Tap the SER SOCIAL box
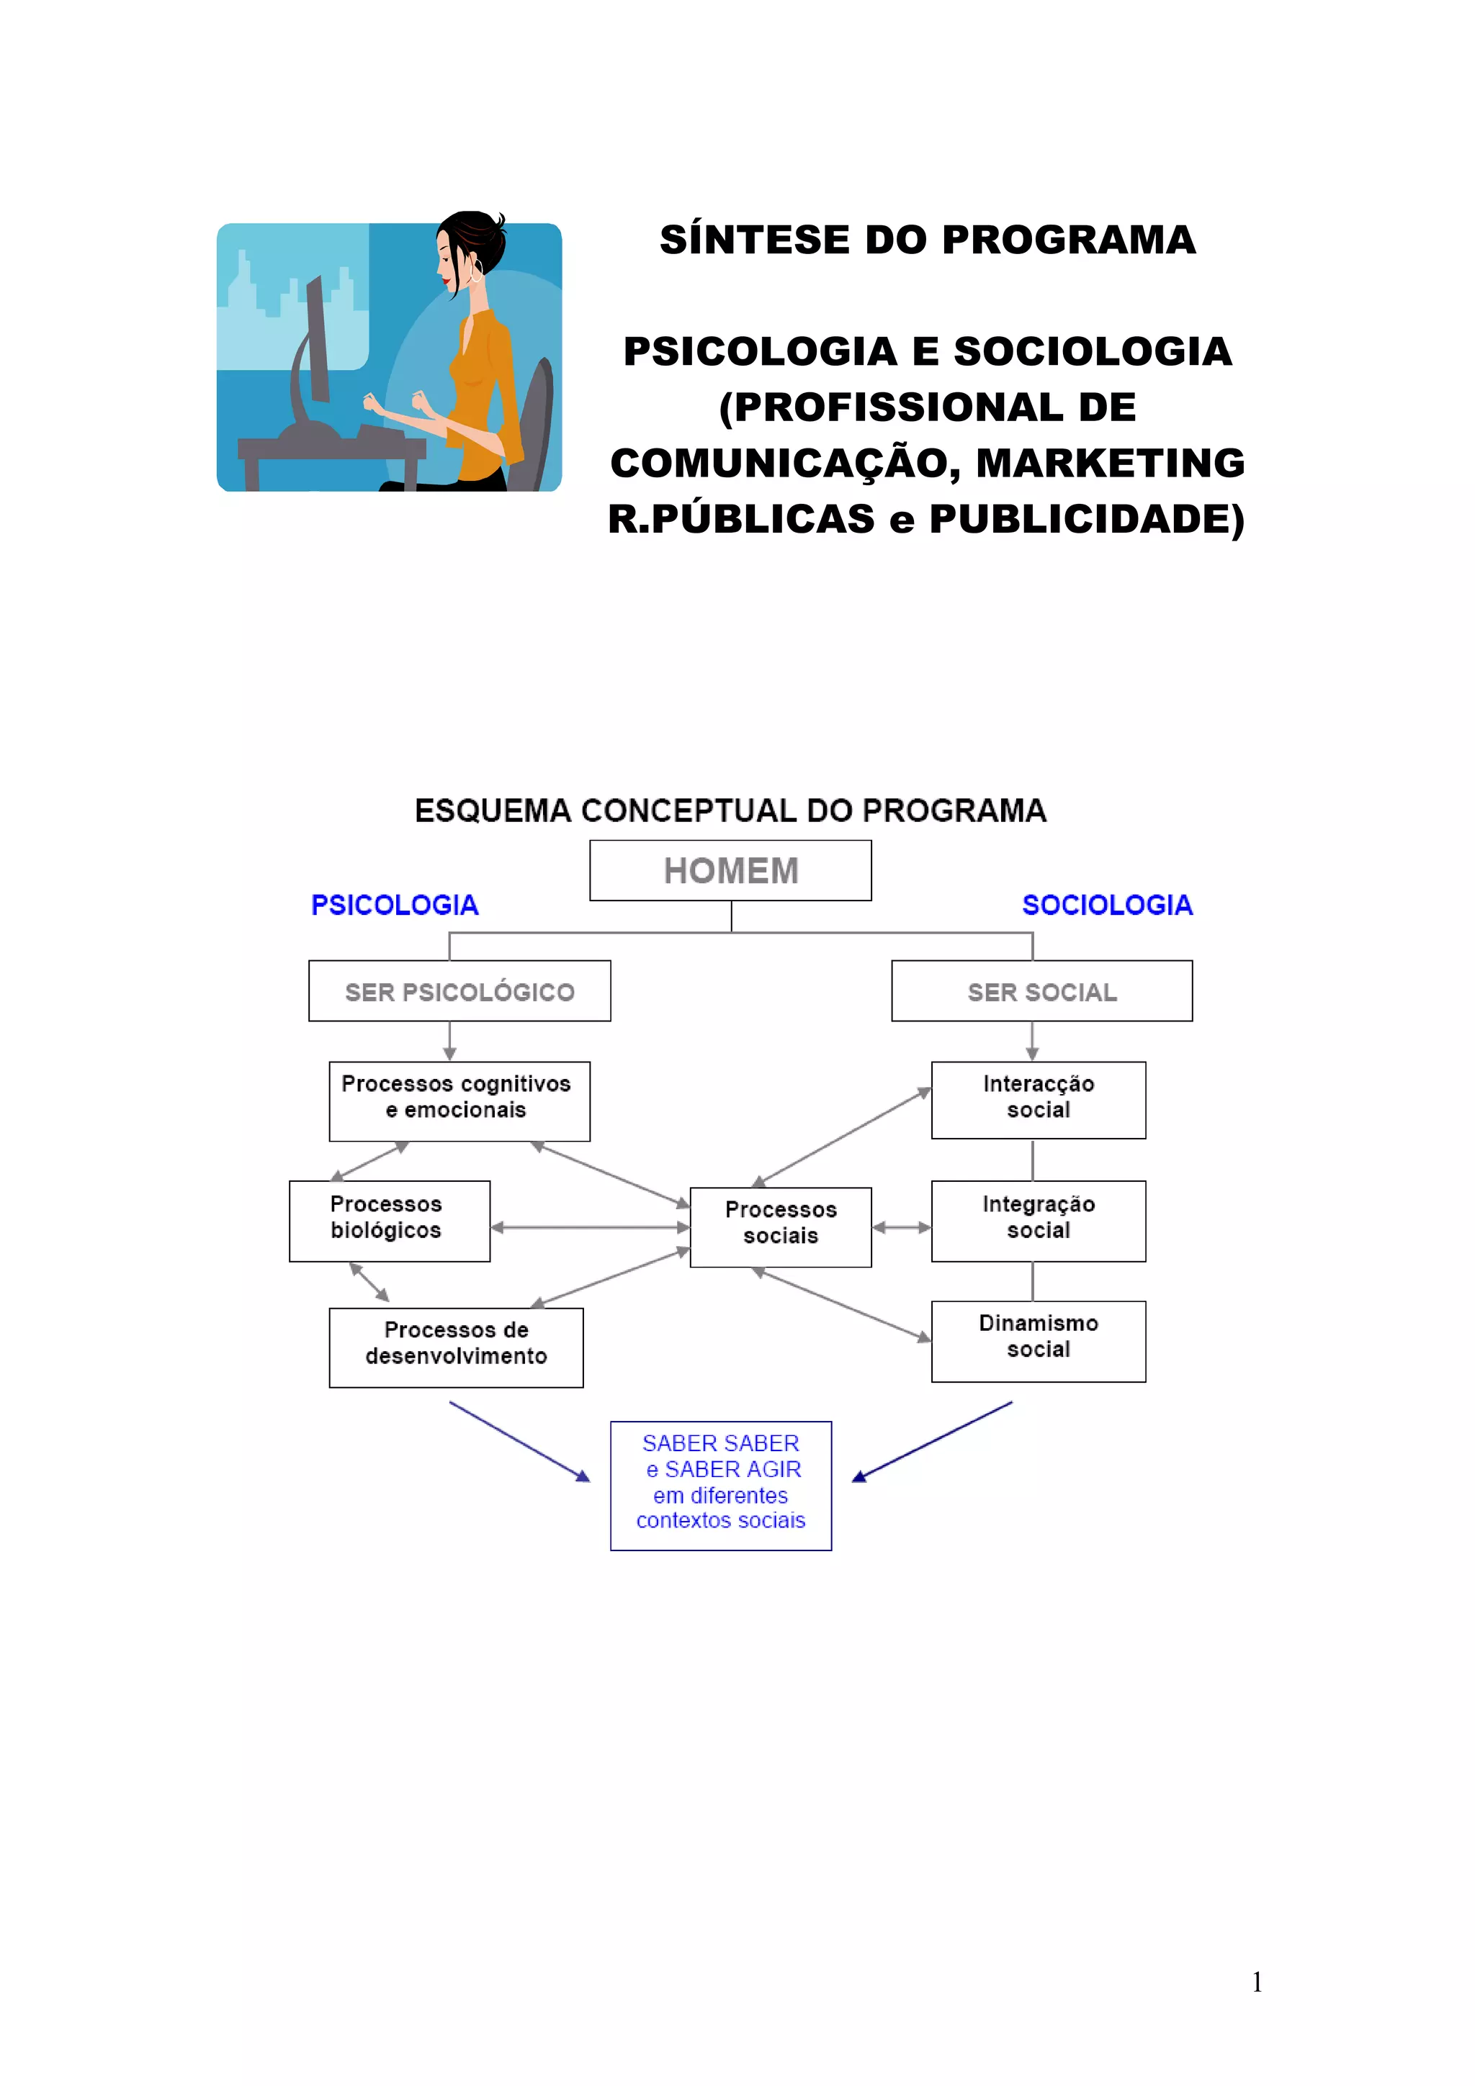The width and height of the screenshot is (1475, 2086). click(x=1041, y=991)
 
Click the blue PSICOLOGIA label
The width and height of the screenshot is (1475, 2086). click(x=395, y=905)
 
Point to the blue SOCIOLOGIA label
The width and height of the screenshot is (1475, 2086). click(x=1107, y=905)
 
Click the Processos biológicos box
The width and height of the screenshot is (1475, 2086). click(x=389, y=1221)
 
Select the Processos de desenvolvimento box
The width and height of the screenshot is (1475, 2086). click(x=456, y=1347)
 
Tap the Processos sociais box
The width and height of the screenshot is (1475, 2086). click(x=781, y=1227)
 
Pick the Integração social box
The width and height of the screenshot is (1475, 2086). click(x=1038, y=1221)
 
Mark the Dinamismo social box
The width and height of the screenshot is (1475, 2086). click(x=1038, y=1341)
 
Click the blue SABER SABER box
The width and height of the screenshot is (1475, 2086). click(x=721, y=1486)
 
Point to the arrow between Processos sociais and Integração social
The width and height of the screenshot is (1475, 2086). click(x=902, y=1227)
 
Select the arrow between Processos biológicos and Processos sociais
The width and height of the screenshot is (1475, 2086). click(x=590, y=1227)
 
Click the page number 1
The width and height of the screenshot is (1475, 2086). click(x=1257, y=1982)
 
